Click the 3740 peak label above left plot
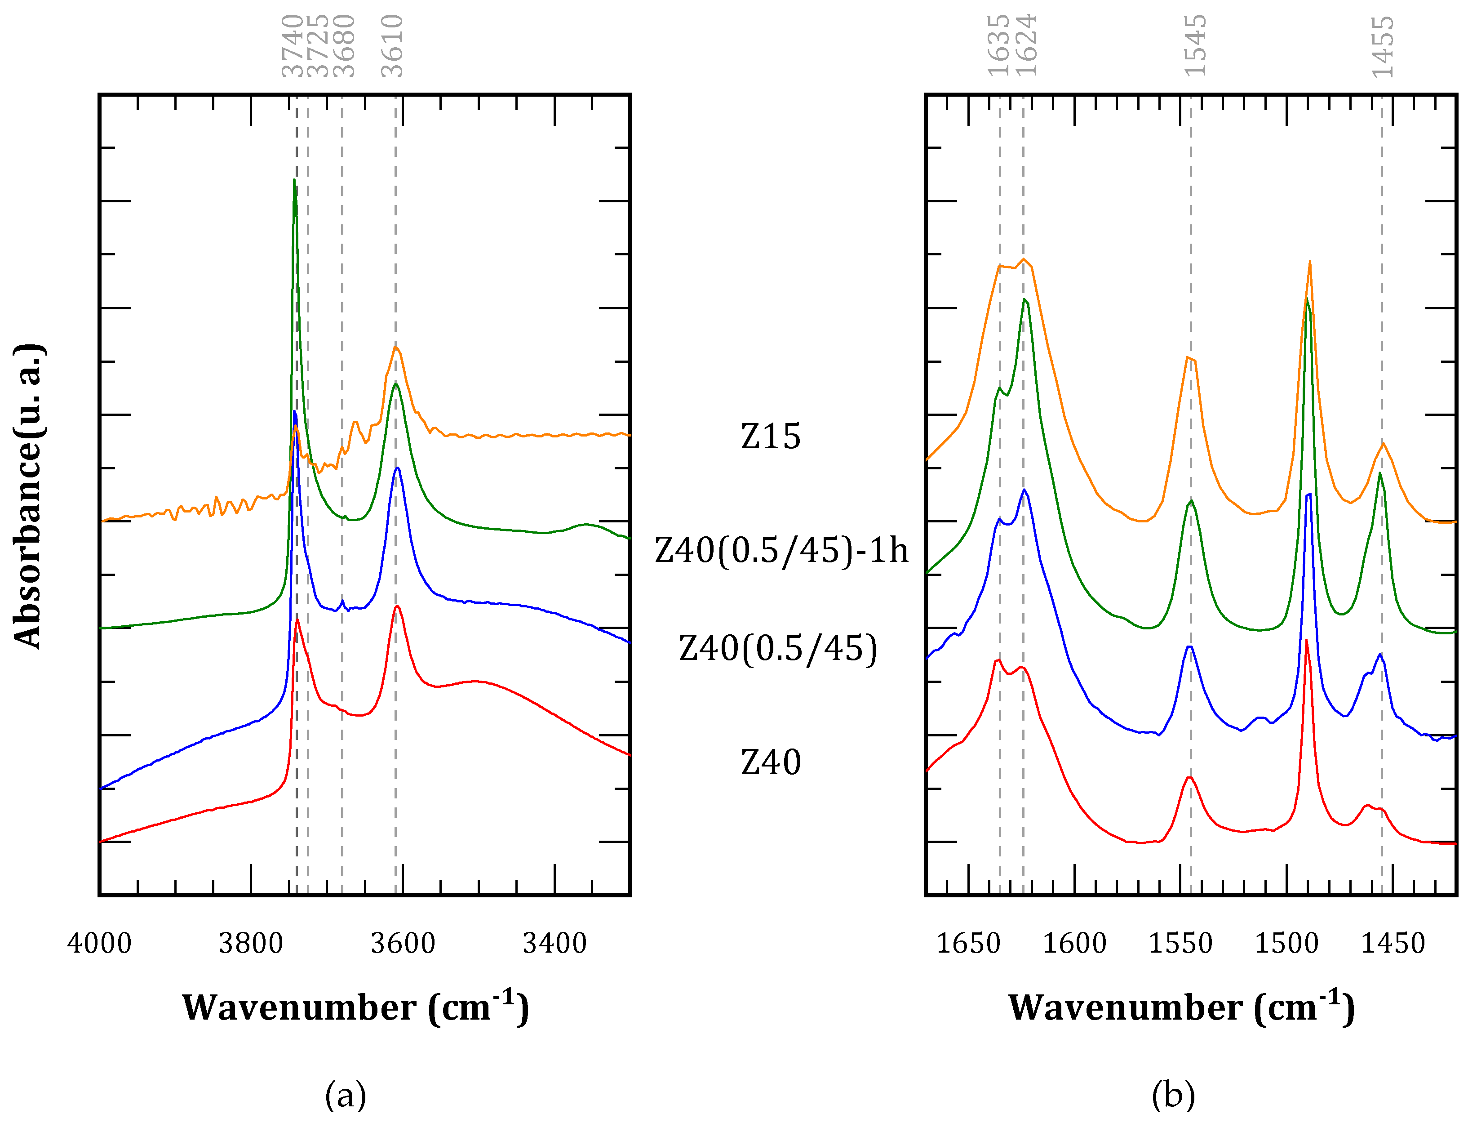click(x=292, y=45)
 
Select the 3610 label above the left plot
click(x=392, y=45)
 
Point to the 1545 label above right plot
click(x=1195, y=45)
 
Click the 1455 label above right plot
click(x=1383, y=47)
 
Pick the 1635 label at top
click(x=998, y=45)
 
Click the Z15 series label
click(x=771, y=437)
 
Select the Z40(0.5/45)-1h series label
click(x=781, y=551)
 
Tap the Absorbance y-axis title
click(x=28, y=495)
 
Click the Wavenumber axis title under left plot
click(x=355, y=1007)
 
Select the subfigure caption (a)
click(x=346, y=1096)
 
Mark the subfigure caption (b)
click(x=1173, y=1096)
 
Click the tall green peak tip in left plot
click(x=294, y=180)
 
